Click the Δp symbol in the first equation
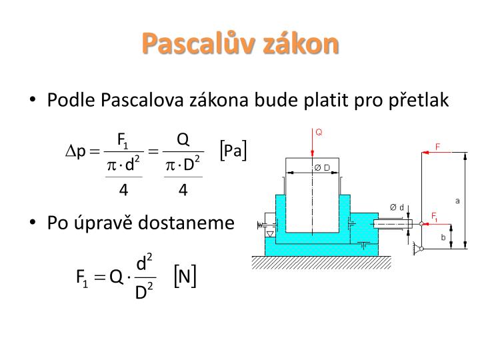(75, 152)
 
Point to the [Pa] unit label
(233, 151)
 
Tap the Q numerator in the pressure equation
(183, 139)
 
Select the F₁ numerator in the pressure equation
(123, 139)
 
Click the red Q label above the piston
(319, 132)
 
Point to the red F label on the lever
(438, 145)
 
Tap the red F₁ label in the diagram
(434, 216)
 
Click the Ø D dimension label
(322, 167)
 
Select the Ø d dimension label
(397, 207)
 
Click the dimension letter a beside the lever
(457, 199)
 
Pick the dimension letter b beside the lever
(444, 236)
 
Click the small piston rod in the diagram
(393, 224)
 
